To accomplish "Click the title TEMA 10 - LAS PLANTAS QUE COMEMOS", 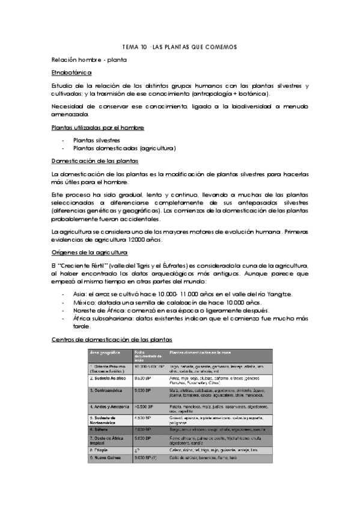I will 180,46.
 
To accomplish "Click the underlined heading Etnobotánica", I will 72,73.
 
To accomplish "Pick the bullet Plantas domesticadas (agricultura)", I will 115,148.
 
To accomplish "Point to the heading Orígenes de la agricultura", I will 89,252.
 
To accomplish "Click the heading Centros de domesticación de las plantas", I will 111,340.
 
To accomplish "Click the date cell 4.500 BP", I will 144,418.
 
